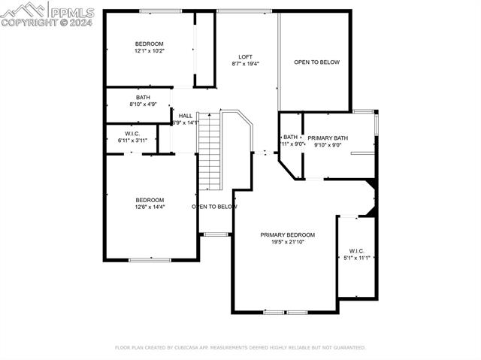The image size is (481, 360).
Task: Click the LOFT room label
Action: [x=245, y=57]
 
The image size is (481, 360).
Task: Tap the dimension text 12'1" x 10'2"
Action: [x=149, y=51]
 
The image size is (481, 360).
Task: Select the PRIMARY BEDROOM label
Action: [x=287, y=235]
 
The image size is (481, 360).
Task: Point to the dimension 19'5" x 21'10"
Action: [x=287, y=242]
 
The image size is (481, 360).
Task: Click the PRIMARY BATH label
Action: [x=327, y=138]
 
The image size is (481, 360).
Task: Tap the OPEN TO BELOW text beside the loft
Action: [x=316, y=62]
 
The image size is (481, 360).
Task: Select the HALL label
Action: [x=185, y=116]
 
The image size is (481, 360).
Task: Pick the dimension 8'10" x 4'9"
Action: [x=143, y=104]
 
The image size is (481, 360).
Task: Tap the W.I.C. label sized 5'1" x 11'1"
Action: [x=356, y=250]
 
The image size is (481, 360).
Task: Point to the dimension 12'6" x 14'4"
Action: [x=150, y=207]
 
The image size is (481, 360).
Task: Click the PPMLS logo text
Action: [x=71, y=11]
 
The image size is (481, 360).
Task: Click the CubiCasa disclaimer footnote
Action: [x=240, y=348]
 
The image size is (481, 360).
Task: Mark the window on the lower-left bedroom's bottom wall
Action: [x=150, y=260]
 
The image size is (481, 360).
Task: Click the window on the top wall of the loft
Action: [x=245, y=11]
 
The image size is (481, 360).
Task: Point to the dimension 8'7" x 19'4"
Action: [x=245, y=64]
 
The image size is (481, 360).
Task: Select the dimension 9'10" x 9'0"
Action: [x=327, y=145]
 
